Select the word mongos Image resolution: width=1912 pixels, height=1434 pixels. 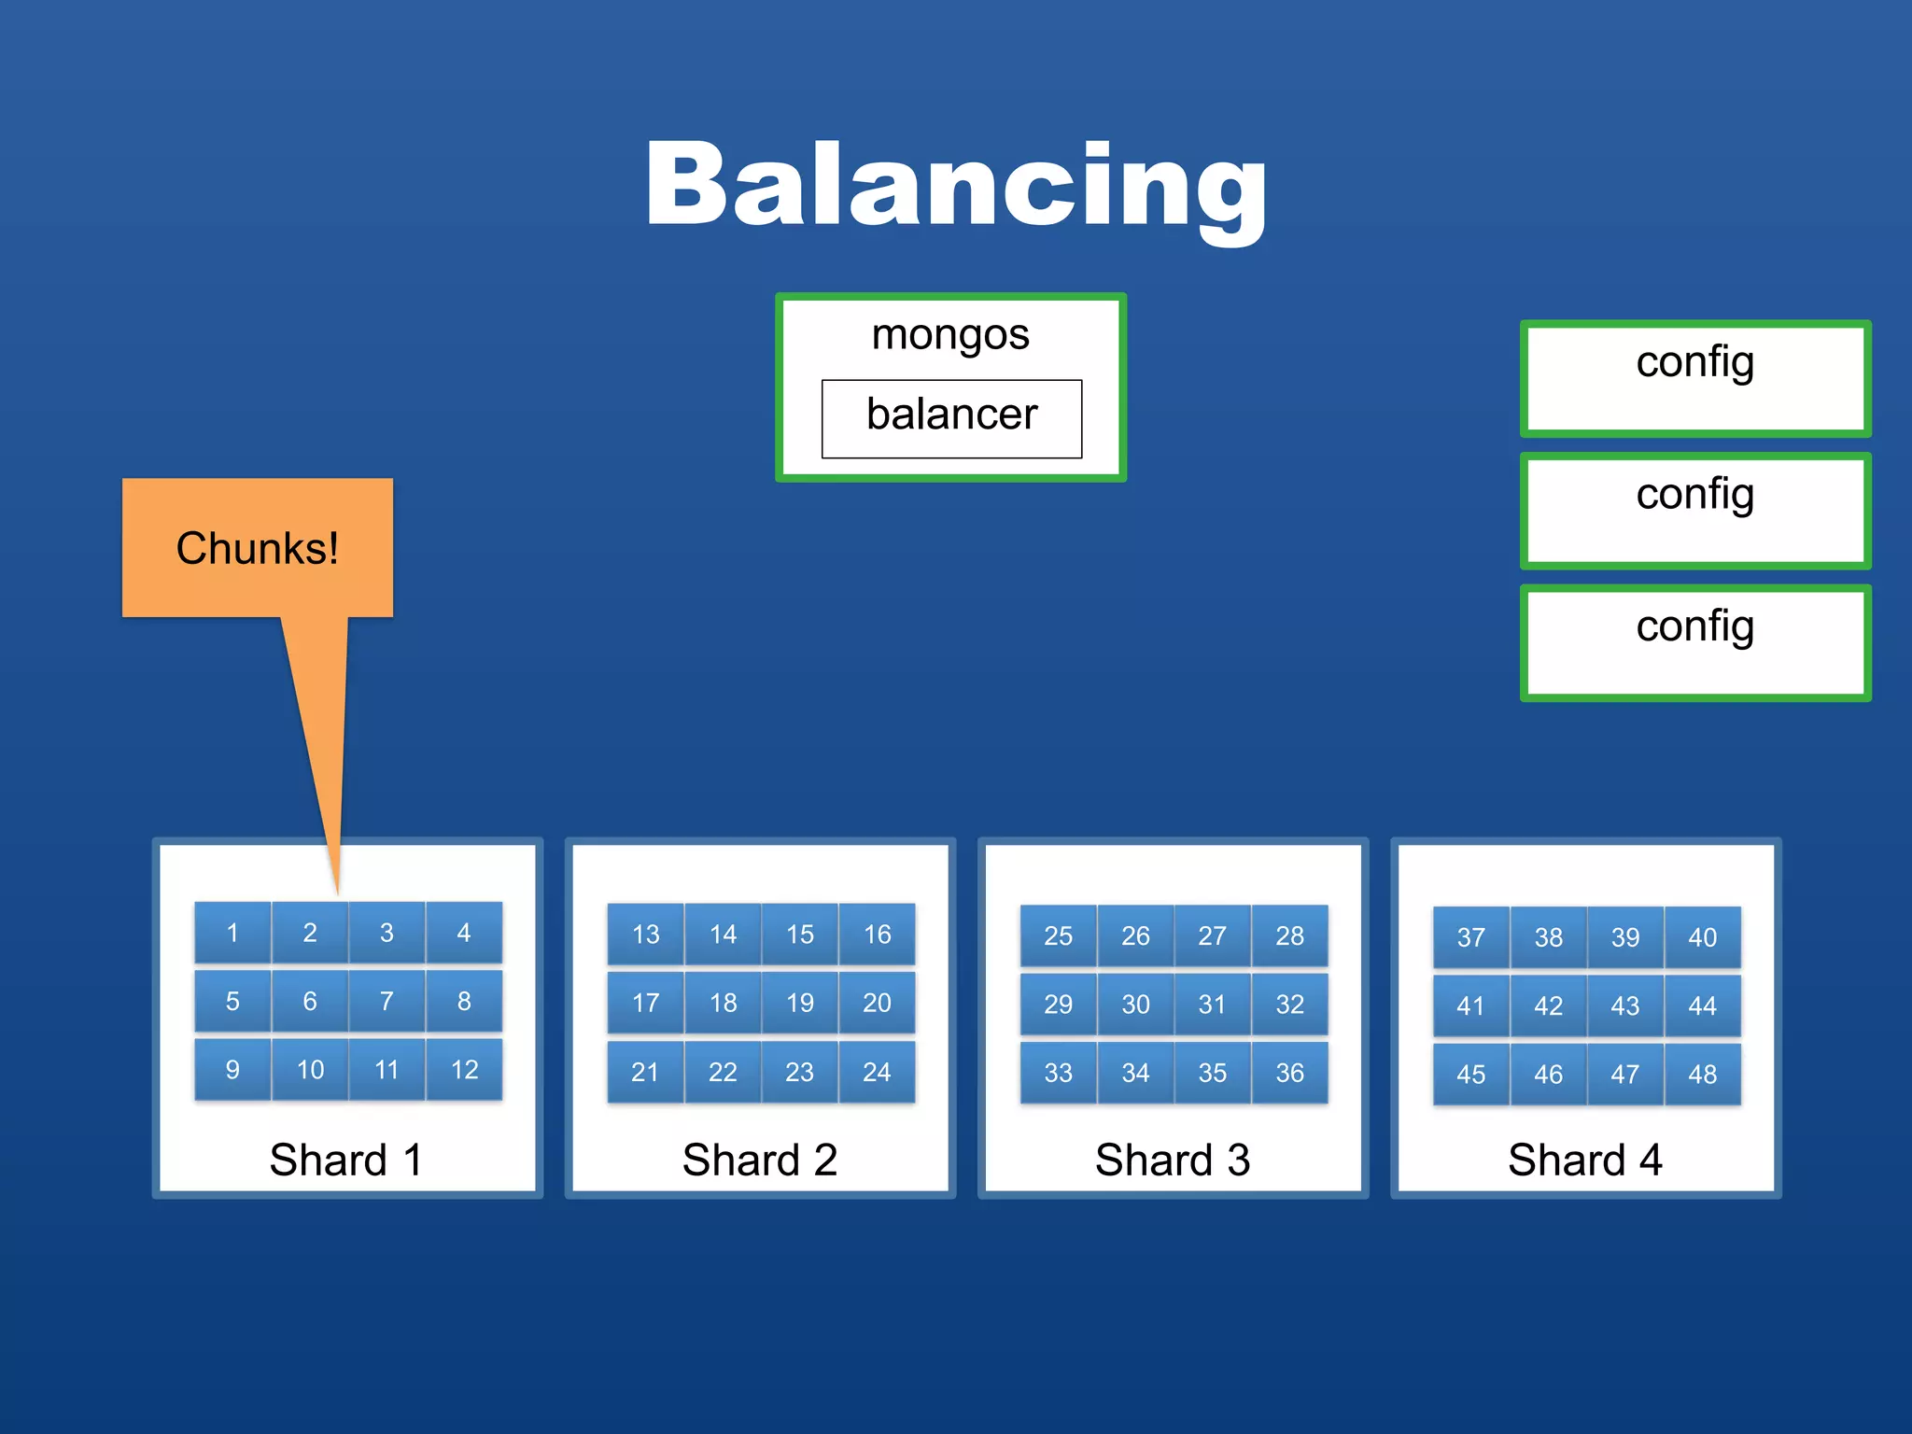coord(950,334)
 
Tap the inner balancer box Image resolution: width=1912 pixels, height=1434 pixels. coord(951,417)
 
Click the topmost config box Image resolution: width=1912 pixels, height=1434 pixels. coord(1694,378)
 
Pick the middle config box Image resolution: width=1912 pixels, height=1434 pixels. coord(1694,511)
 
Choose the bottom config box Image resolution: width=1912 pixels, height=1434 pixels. coord(1694,642)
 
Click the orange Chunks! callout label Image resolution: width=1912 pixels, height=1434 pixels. coord(257,548)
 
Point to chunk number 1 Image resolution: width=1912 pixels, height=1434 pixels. coord(232,932)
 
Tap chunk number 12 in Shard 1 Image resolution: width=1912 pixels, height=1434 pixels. coord(464,1070)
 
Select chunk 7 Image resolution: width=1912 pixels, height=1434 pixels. coord(387,1001)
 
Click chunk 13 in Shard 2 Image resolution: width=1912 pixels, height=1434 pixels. coord(645,934)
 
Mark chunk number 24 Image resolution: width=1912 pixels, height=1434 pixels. coord(877,1072)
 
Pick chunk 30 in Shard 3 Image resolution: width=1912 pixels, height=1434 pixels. coord(1135,1005)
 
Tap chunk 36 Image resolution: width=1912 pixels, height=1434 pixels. coord(1289,1073)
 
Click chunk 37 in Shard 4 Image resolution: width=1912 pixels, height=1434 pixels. coord(1470,937)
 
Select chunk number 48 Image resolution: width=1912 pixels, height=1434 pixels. coord(1702,1075)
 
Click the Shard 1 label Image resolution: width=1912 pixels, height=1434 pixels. coord(346,1160)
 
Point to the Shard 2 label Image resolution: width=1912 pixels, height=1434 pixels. coord(760,1160)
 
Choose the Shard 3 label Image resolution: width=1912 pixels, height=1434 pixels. coord(1173,1160)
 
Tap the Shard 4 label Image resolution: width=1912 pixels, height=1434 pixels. coord(1585,1160)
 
